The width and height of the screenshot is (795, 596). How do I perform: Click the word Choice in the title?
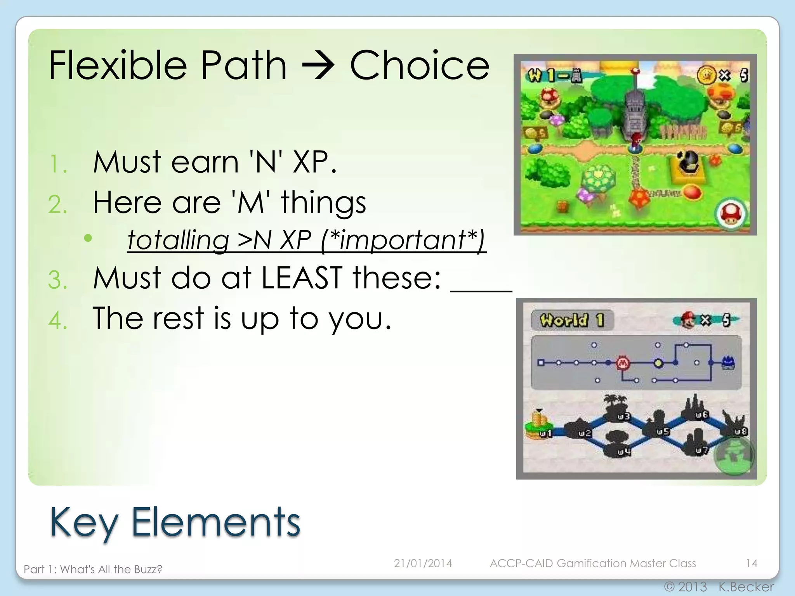click(x=420, y=65)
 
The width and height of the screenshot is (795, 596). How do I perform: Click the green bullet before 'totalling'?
click(x=88, y=238)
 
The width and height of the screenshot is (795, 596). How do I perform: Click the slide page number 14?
click(x=752, y=563)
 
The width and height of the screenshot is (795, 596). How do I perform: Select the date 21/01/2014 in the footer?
click(x=423, y=563)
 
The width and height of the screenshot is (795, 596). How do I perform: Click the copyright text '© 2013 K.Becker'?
click(x=719, y=586)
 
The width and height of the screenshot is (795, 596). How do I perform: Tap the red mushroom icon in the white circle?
click(x=731, y=214)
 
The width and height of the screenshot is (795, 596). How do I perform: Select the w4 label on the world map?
click(x=624, y=452)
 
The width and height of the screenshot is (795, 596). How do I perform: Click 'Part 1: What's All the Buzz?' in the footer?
click(x=93, y=569)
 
